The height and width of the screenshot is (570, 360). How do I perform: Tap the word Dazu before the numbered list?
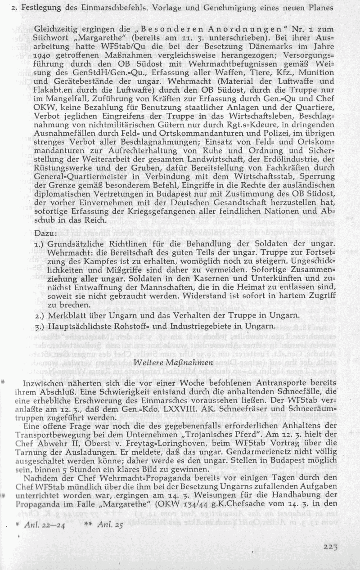click(x=45, y=234)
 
